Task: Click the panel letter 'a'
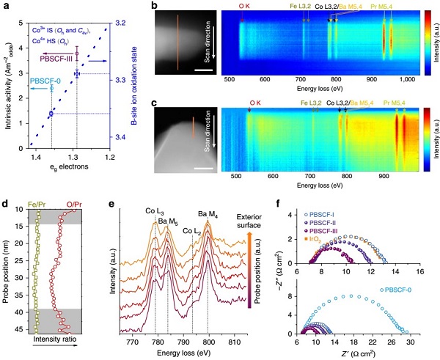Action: coord(6,7)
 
